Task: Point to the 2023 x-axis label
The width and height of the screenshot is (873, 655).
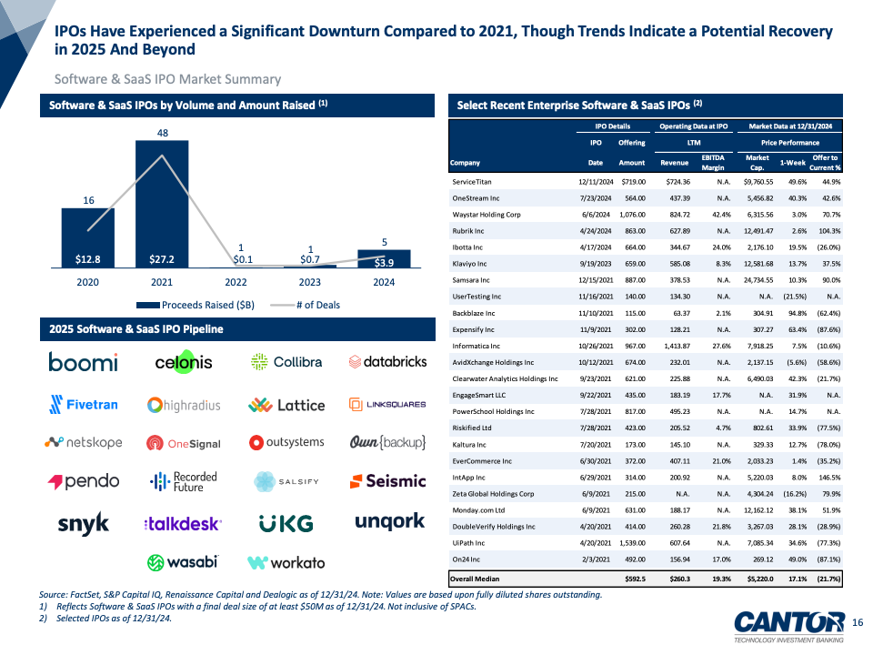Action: click(x=311, y=281)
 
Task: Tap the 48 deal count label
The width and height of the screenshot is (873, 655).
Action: click(x=162, y=133)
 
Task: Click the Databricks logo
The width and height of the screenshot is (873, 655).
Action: click(x=387, y=362)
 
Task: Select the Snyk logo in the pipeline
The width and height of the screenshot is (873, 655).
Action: click(x=83, y=523)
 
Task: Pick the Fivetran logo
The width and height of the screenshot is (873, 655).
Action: click(x=84, y=404)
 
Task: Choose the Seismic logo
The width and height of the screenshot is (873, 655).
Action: click(x=387, y=480)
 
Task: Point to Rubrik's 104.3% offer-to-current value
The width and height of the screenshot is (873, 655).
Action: click(x=824, y=230)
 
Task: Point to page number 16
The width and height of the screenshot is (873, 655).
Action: click(x=857, y=621)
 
